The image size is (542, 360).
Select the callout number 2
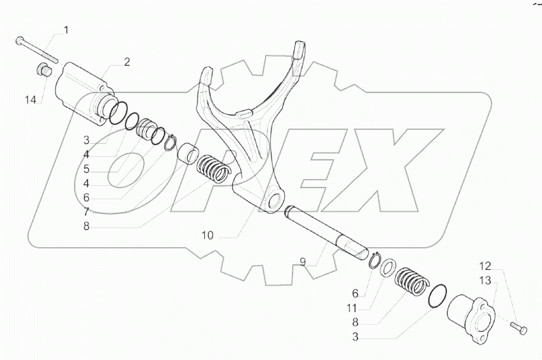(x=127, y=61)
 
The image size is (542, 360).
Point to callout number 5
(x=86, y=168)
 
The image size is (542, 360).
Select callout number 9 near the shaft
(x=303, y=260)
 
